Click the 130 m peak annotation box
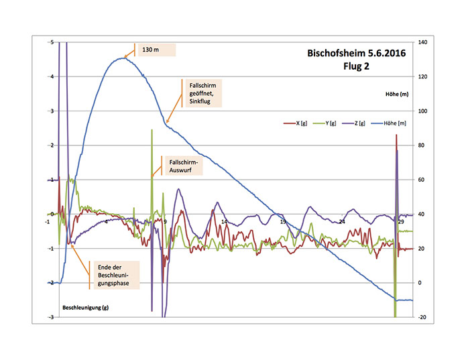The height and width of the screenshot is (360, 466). [x=156, y=50]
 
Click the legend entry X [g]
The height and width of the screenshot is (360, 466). [x=298, y=123]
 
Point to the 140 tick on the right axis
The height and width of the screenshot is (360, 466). [x=423, y=42]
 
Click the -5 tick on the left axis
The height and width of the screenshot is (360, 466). [x=51, y=42]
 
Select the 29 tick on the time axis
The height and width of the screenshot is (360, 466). [x=401, y=222]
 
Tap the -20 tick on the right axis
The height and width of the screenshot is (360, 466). [x=422, y=317]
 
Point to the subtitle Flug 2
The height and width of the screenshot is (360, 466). [x=355, y=66]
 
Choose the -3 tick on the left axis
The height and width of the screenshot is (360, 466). [x=51, y=317]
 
